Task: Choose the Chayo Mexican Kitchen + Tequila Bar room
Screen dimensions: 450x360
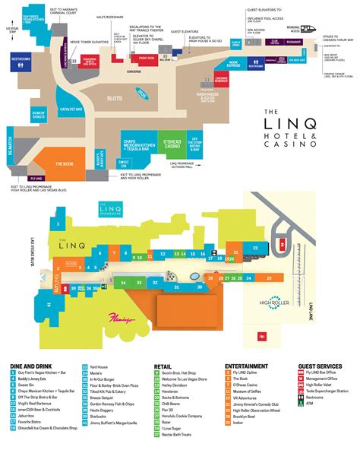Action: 115,150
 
